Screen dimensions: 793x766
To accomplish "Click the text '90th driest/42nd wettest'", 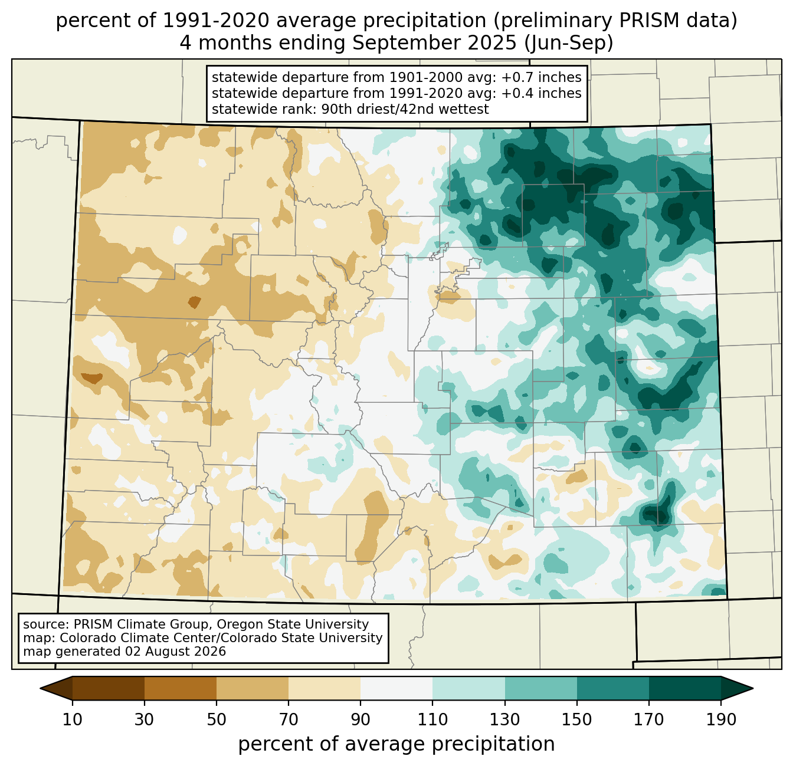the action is [405, 109].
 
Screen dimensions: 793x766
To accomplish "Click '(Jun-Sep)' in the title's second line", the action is [569, 43].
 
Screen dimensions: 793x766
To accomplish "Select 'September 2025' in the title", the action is [435, 43].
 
